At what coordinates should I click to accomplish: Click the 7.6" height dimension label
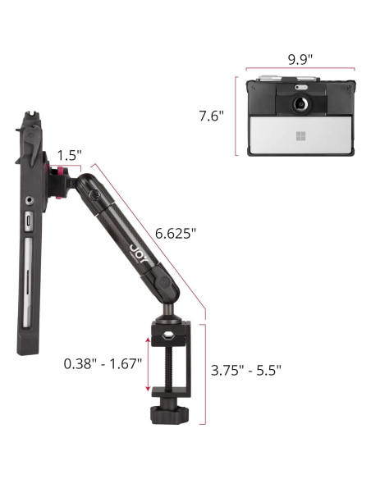[x=212, y=116]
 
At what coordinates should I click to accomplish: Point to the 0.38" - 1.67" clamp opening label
[x=103, y=362]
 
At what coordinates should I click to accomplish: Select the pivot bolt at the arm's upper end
[x=94, y=196]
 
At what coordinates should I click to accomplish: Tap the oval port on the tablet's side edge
[x=30, y=221]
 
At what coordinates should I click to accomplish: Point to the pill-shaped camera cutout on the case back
[x=300, y=86]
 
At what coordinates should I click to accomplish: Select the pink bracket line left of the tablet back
[x=236, y=116]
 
